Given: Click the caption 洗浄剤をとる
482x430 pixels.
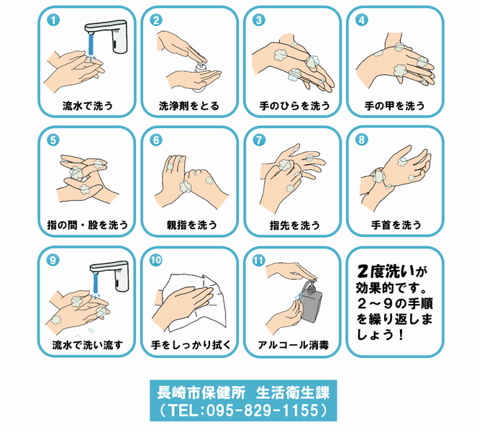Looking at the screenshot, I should point(189,105).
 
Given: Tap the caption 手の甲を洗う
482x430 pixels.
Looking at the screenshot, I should point(394,105).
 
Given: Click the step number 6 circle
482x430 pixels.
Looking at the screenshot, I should point(155,140).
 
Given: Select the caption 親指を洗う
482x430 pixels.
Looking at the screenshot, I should point(189,225).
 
